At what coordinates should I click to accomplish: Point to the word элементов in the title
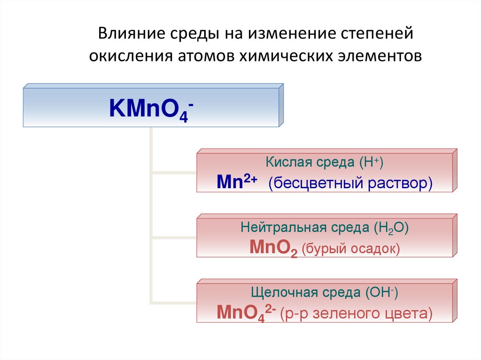tap(379, 56)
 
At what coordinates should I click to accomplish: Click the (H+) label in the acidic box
tap(372, 163)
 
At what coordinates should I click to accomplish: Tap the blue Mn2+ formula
tap(236, 182)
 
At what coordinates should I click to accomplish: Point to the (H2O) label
tap(392, 229)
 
